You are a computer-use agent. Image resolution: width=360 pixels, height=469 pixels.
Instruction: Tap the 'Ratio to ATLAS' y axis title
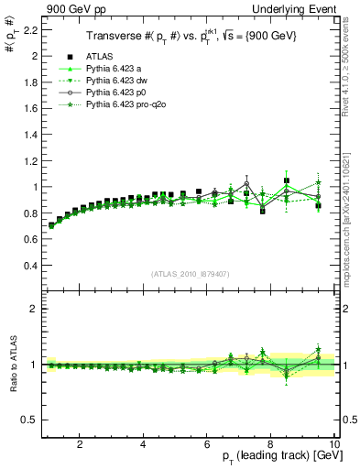click(x=12, y=365)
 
